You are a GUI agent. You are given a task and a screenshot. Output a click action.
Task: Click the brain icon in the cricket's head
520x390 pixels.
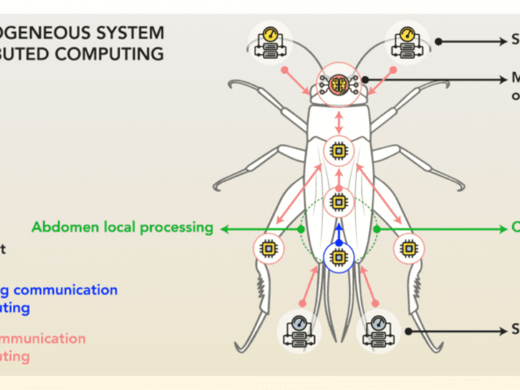point(337,83)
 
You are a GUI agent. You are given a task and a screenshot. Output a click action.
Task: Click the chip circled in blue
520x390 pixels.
point(338,254)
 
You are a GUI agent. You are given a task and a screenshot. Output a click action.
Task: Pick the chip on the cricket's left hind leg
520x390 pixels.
point(268,248)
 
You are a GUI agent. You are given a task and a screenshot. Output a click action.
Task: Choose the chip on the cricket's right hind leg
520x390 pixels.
point(408,248)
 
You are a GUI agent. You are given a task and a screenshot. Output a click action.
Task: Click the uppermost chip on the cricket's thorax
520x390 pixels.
point(338,151)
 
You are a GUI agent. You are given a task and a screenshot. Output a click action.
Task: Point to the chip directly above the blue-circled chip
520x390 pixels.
point(338,201)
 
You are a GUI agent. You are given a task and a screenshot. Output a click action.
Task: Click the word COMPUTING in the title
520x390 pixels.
point(120,54)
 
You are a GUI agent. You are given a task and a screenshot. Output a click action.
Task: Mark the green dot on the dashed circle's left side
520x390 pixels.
point(300,229)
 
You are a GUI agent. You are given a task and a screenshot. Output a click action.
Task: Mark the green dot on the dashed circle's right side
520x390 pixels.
point(376,229)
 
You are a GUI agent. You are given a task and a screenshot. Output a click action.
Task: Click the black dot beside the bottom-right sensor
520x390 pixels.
point(408,330)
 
